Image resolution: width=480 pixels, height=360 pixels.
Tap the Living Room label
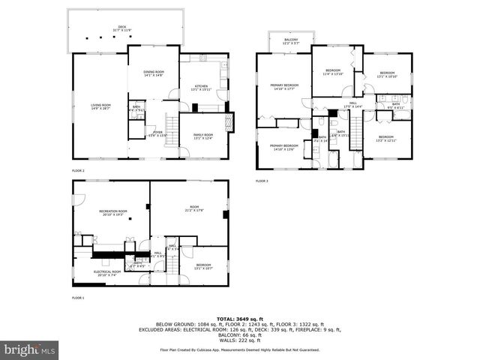coord(100,106)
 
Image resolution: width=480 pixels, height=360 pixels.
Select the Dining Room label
coord(153,73)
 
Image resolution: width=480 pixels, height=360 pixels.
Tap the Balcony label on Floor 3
coord(291,40)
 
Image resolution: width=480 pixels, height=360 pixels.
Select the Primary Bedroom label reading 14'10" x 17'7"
coord(284,87)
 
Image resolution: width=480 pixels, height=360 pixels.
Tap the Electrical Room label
coord(107,273)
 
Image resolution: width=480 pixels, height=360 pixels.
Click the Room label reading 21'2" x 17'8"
coord(194,208)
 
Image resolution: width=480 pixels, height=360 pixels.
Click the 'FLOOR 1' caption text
coord(78,298)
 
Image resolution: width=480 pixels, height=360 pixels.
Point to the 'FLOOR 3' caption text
coord(262,181)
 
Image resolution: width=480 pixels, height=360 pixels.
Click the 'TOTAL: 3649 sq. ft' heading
coord(239,319)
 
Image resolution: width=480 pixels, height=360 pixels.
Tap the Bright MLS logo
coord(29,349)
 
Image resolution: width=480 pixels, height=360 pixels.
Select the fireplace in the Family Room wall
coord(230,122)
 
